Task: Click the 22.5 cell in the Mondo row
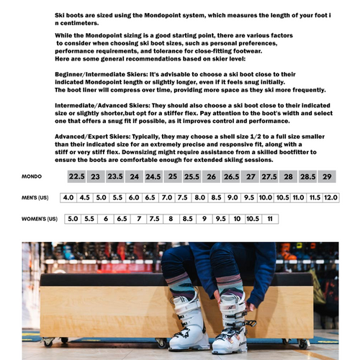77,176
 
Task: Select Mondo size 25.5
192,176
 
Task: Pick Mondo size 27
250,176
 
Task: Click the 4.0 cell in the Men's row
68,197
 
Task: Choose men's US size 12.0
330,197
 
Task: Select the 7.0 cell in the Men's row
167,197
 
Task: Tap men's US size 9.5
249,197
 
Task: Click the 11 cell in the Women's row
269,218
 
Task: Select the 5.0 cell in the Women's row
73,218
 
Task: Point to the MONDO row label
32,176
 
